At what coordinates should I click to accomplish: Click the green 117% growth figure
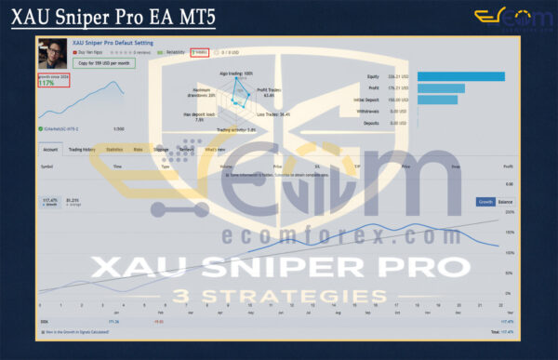[x=46, y=83]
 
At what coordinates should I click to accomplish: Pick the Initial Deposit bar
[x=442, y=99]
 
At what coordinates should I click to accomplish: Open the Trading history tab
[x=81, y=149]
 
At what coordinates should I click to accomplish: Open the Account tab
[x=50, y=149]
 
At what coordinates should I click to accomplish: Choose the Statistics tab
[x=114, y=149]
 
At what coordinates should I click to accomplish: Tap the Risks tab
[x=138, y=149]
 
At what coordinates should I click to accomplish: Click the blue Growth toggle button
[x=485, y=201]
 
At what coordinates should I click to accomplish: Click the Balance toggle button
[x=505, y=201]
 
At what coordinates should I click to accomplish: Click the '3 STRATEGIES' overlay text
[x=279, y=297]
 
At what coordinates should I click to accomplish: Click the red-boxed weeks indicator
[x=199, y=53]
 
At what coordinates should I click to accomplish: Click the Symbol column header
[x=47, y=166]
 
